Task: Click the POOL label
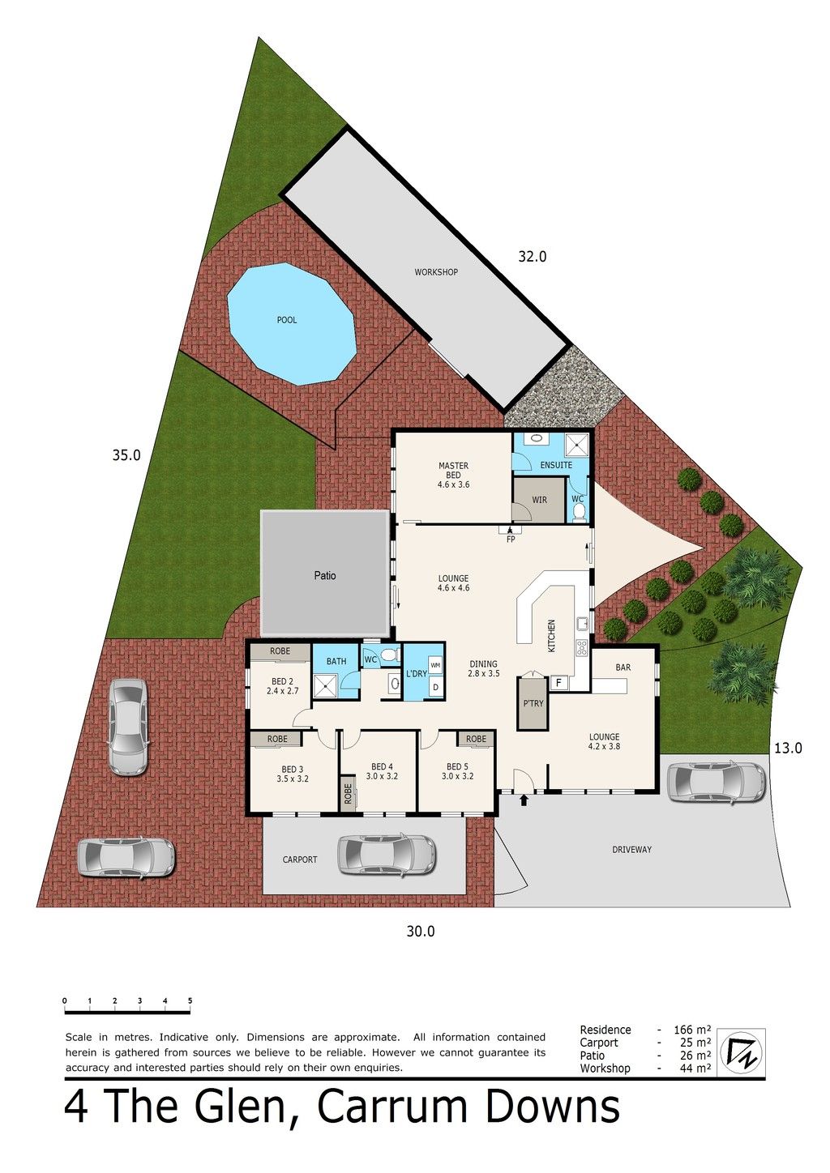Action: pyautogui.click(x=287, y=320)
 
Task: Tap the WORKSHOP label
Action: pyautogui.click(x=436, y=272)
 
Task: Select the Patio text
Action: pyautogui.click(x=325, y=575)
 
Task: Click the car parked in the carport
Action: pyautogui.click(x=387, y=855)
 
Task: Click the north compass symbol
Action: pyautogui.click(x=740, y=1052)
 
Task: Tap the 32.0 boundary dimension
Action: pyautogui.click(x=533, y=256)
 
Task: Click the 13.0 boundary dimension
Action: pyautogui.click(x=788, y=749)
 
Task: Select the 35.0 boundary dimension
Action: pyautogui.click(x=126, y=455)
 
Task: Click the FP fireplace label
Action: pyautogui.click(x=511, y=539)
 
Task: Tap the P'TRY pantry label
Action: pyautogui.click(x=533, y=703)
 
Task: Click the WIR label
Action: pyautogui.click(x=539, y=500)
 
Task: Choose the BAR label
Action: pyautogui.click(x=623, y=668)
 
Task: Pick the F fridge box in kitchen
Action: pyautogui.click(x=558, y=683)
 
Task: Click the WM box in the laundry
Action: pyautogui.click(x=435, y=665)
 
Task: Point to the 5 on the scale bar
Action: pyautogui.click(x=190, y=1000)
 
